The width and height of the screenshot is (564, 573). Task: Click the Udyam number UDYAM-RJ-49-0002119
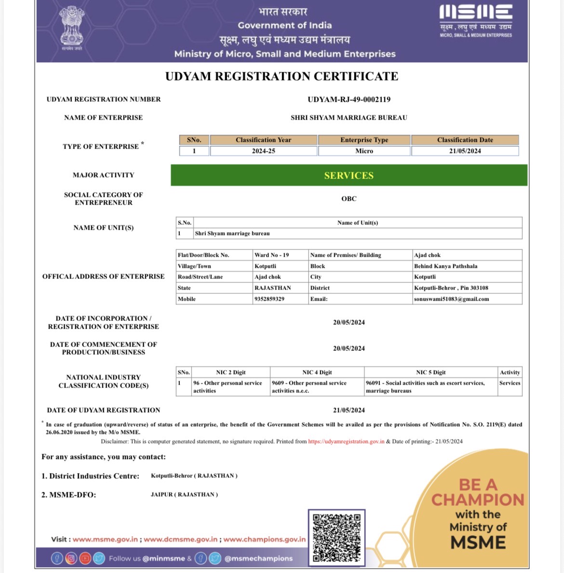point(349,99)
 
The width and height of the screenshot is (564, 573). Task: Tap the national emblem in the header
point(71,28)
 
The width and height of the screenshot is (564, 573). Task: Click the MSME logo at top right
point(476,21)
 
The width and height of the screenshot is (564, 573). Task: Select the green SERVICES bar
point(349,175)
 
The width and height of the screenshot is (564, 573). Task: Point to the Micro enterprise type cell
point(364,151)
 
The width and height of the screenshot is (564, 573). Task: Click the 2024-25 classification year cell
point(264,151)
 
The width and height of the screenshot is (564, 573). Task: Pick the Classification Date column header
point(465,140)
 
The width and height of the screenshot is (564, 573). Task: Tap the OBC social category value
point(349,198)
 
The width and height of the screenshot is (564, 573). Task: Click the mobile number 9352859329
point(269,299)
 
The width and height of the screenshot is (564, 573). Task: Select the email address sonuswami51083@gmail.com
point(451,299)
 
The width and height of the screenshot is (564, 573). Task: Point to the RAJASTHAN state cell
point(273,288)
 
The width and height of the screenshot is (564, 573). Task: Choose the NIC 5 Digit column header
point(430,372)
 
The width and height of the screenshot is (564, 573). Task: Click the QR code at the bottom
point(336,537)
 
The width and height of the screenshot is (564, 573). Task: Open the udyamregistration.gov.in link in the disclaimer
point(346,441)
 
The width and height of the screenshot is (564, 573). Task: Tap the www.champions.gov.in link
point(264,539)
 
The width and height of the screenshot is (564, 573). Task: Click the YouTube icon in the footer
point(85,559)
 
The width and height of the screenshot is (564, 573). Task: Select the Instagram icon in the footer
point(71,559)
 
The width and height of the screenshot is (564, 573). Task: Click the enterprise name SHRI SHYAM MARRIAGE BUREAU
point(349,118)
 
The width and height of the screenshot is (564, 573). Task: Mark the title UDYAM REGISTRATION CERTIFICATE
point(282,76)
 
